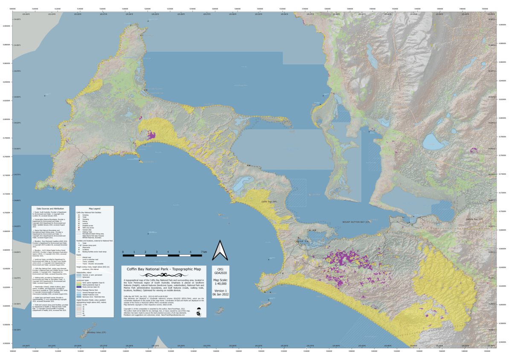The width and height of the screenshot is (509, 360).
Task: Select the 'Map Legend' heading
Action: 95,208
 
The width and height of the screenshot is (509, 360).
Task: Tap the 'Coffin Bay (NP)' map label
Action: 269,201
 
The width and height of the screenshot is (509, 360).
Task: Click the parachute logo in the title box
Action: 199,313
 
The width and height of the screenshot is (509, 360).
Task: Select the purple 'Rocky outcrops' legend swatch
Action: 79,287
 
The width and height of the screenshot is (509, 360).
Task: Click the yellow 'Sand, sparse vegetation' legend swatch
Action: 79,283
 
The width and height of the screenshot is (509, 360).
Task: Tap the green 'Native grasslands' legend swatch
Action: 79,285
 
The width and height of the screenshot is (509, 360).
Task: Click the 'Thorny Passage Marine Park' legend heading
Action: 87,290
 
